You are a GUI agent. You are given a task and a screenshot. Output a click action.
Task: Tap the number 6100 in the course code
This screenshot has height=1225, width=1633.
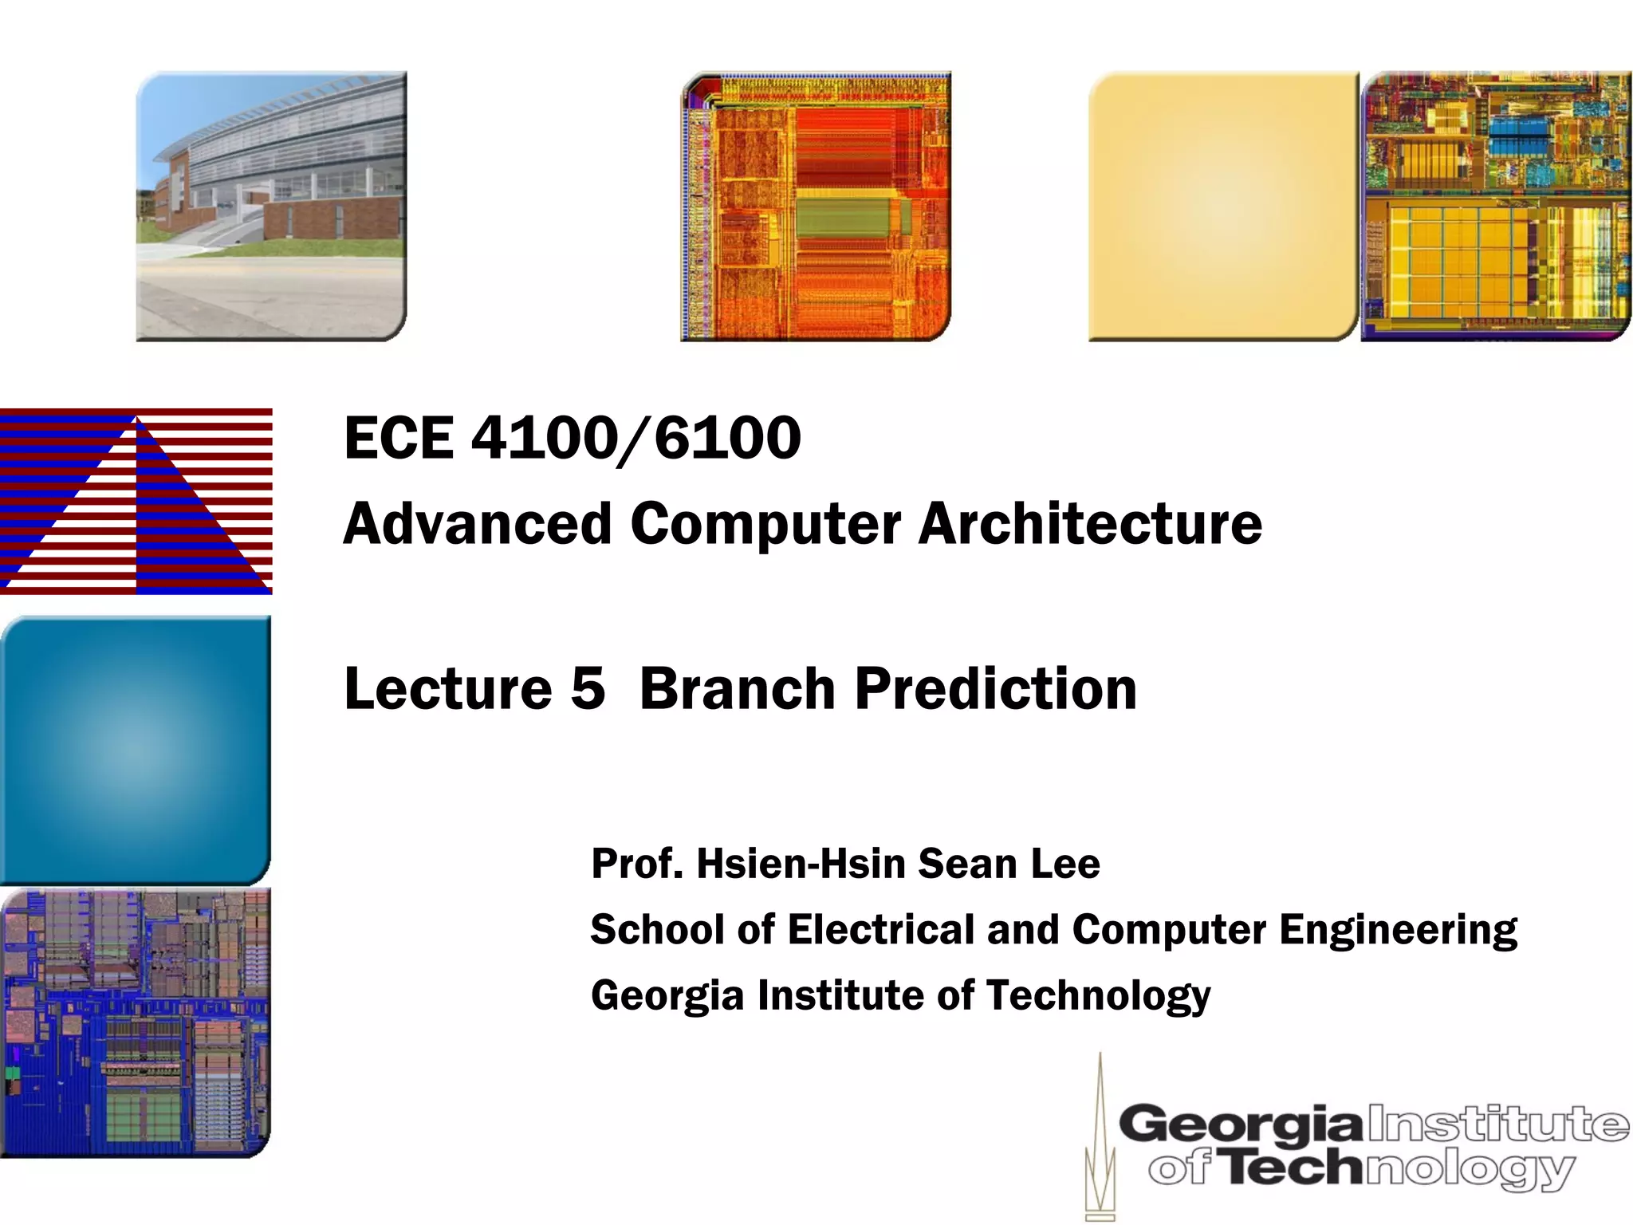pyautogui.click(x=727, y=438)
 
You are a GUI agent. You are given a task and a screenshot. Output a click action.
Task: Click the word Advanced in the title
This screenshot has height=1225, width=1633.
pyautogui.click(x=477, y=524)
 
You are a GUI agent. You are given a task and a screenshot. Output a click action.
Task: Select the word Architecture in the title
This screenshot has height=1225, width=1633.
pyautogui.click(x=1090, y=524)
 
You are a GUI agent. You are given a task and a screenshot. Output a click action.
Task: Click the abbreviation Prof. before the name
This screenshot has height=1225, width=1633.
pyautogui.click(x=637, y=864)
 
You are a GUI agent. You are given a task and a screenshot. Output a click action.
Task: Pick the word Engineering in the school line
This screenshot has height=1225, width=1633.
pyautogui.click(x=1398, y=930)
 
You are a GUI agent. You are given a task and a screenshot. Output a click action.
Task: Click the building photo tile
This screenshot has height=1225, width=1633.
pyautogui.click(x=271, y=206)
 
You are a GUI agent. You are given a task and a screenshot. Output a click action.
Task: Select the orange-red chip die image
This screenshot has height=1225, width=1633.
pyautogui.click(x=816, y=206)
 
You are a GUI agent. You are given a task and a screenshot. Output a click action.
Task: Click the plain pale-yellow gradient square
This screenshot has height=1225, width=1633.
pyautogui.click(x=1223, y=206)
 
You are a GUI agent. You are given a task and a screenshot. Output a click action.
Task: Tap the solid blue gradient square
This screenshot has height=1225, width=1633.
pyautogui.click(x=136, y=750)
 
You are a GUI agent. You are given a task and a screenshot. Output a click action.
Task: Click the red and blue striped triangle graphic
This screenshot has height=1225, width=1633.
pyautogui.click(x=136, y=502)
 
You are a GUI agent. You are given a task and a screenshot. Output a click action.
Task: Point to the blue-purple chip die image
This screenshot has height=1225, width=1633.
pyautogui.click(x=136, y=1022)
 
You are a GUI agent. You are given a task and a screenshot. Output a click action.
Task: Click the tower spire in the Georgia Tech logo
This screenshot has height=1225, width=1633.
pyautogui.click(x=1100, y=1140)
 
